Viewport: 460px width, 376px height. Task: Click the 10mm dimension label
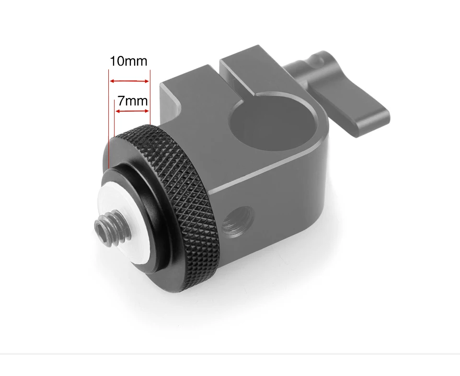(x=128, y=61)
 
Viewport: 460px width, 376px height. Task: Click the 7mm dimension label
(x=133, y=101)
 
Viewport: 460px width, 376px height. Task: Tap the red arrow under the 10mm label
(x=129, y=81)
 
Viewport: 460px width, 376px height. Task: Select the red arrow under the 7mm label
(x=132, y=111)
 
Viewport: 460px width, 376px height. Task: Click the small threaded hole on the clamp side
(x=238, y=220)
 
